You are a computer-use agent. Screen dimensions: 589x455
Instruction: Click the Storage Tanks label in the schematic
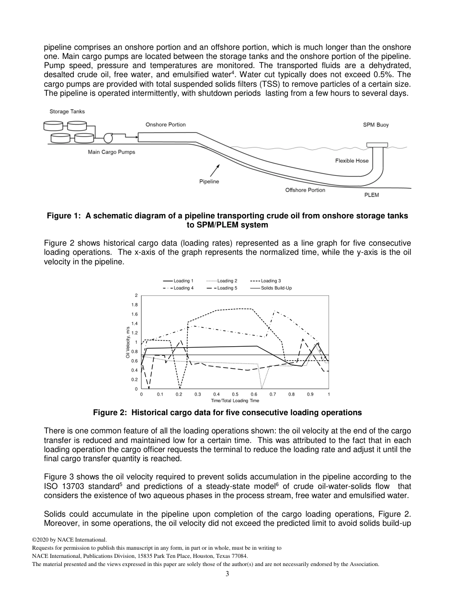(67, 112)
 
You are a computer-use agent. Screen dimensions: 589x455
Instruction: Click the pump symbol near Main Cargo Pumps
(109, 138)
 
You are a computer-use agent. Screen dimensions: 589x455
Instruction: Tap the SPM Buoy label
(375, 125)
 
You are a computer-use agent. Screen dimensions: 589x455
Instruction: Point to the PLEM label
(371, 195)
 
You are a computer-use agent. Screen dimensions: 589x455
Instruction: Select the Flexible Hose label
(352, 161)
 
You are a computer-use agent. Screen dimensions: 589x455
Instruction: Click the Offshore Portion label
(305, 190)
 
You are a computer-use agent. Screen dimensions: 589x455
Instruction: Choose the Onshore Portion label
(166, 125)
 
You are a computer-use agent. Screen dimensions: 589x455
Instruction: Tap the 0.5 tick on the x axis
(235, 395)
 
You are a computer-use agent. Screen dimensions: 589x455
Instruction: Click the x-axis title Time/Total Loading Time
(235, 401)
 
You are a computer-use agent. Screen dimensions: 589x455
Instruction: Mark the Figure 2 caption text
(227, 412)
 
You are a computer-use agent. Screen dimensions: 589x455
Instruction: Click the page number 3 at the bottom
(227, 574)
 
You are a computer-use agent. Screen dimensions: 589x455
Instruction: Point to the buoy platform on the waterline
(377, 145)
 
